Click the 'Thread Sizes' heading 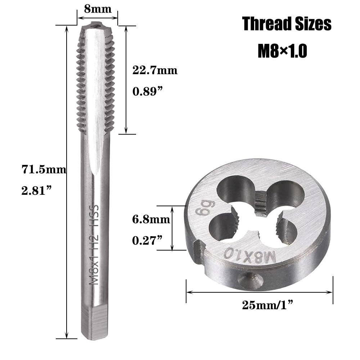tap(287, 24)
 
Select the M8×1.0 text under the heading tap(282, 51)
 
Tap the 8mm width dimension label tap(98, 9)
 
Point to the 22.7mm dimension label tap(155, 70)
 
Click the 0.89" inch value tap(147, 91)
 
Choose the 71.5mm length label tap(44, 170)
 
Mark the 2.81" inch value tap(36, 190)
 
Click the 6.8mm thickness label tap(151, 220)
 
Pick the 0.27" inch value tap(147, 240)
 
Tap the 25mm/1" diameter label tap(268, 305)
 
